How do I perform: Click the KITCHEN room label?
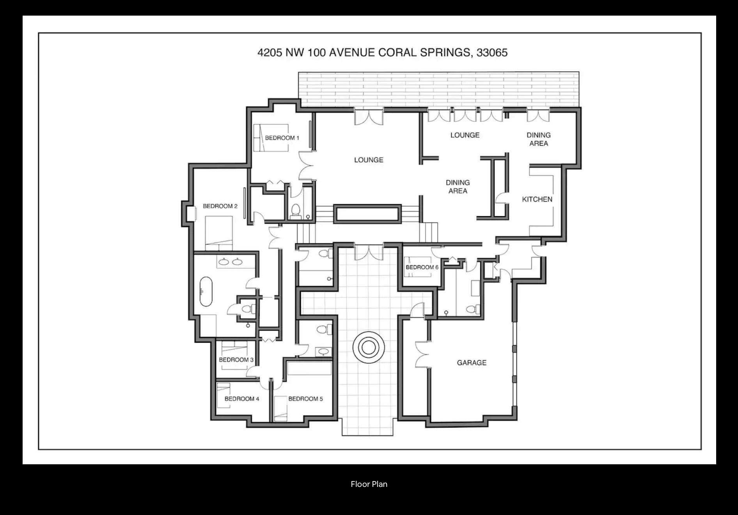pyautogui.click(x=537, y=199)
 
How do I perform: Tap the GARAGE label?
pyautogui.click(x=472, y=363)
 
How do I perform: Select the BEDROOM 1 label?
pyautogui.click(x=282, y=138)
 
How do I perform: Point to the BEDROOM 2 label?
pyautogui.click(x=220, y=206)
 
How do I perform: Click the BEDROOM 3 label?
pyautogui.click(x=236, y=360)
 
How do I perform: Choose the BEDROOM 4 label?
pyautogui.click(x=242, y=399)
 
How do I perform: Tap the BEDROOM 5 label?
pyautogui.click(x=305, y=399)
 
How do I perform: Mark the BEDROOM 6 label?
pyautogui.click(x=422, y=267)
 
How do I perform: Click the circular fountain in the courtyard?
pyautogui.click(x=369, y=347)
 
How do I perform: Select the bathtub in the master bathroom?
pyautogui.click(x=206, y=292)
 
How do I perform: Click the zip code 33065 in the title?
pyautogui.click(x=492, y=53)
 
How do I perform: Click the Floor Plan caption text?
pyautogui.click(x=369, y=484)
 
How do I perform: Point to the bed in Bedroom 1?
pyautogui.click(x=271, y=138)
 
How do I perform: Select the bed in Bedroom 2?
pyautogui.click(x=219, y=233)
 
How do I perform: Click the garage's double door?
pyautogui.click(x=422, y=355)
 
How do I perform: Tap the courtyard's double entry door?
pyautogui.click(x=369, y=252)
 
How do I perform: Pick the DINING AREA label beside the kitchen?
pyautogui.click(x=539, y=139)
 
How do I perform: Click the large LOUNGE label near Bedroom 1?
pyautogui.click(x=369, y=160)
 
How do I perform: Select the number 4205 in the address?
pyautogui.click(x=270, y=53)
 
